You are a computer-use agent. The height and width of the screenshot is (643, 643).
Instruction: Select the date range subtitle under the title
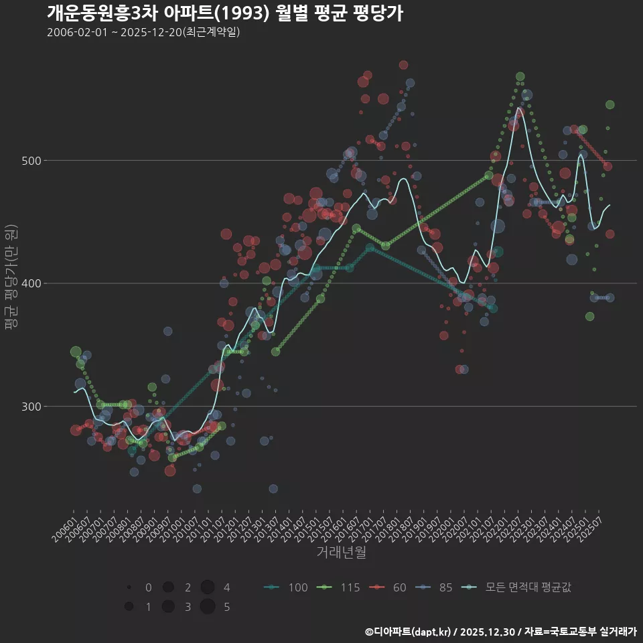point(143,32)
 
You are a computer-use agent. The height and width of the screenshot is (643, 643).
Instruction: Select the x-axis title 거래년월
point(341,553)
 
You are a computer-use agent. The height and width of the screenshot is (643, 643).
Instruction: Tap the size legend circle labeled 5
point(208,607)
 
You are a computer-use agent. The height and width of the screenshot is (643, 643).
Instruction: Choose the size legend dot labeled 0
point(129,587)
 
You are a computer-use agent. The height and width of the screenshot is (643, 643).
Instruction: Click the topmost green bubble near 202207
point(520,76)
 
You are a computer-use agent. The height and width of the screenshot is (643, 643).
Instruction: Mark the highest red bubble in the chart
point(403,65)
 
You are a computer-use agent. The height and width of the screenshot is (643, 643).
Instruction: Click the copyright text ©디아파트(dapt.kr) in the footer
point(408,632)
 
